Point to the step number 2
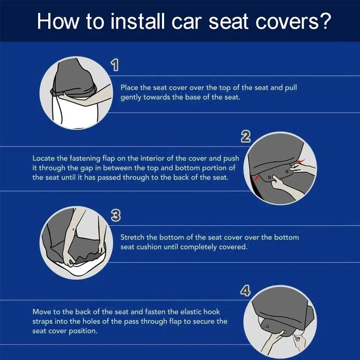[246, 137]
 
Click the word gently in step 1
[131, 98]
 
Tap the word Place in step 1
[129, 88]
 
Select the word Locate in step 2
[43, 158]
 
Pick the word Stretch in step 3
[132, 237]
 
